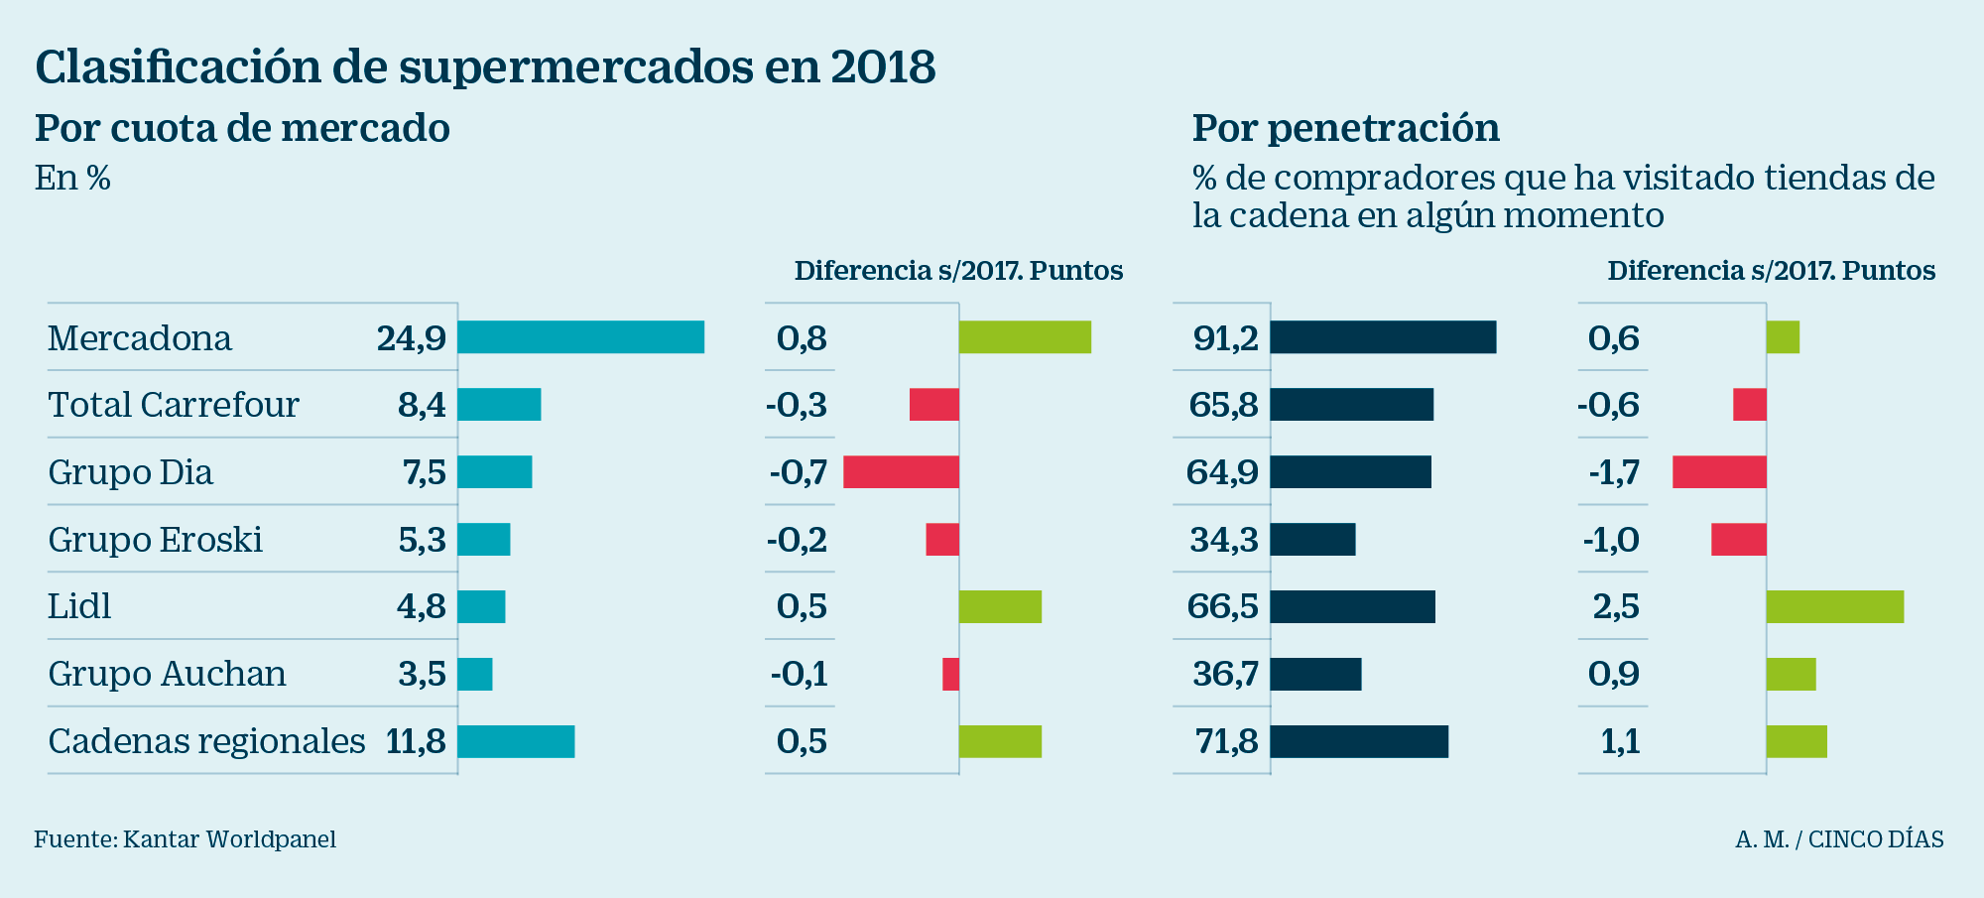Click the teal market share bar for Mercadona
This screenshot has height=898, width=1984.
[580, 337]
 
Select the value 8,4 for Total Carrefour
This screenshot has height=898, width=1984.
[422, 405]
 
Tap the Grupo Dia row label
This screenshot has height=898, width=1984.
[130, 472]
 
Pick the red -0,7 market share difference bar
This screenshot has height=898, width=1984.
[901, 472]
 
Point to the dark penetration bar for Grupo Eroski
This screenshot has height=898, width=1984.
[1312, 540]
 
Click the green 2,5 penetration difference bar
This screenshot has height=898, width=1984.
[1834, 606]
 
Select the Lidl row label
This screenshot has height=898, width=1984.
[79, 606]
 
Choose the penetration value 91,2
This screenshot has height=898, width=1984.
[1225, 338]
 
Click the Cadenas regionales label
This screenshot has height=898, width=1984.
[206, 741]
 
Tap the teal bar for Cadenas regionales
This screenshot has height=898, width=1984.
[516, 741]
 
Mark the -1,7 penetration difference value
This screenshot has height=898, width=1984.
[1614, 472]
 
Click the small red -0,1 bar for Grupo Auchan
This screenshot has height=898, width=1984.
[950, 674]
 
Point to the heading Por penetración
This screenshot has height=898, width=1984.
[1345, 128]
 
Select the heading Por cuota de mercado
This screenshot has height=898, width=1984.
[242, 128]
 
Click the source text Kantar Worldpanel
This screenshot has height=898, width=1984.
[229, 839]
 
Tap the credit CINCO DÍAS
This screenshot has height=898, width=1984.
[1875, 839]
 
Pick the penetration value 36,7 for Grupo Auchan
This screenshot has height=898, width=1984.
[1225, 674]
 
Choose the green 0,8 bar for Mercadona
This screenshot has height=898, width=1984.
[1025, 337]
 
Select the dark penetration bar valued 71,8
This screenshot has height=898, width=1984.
[1359, 741]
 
